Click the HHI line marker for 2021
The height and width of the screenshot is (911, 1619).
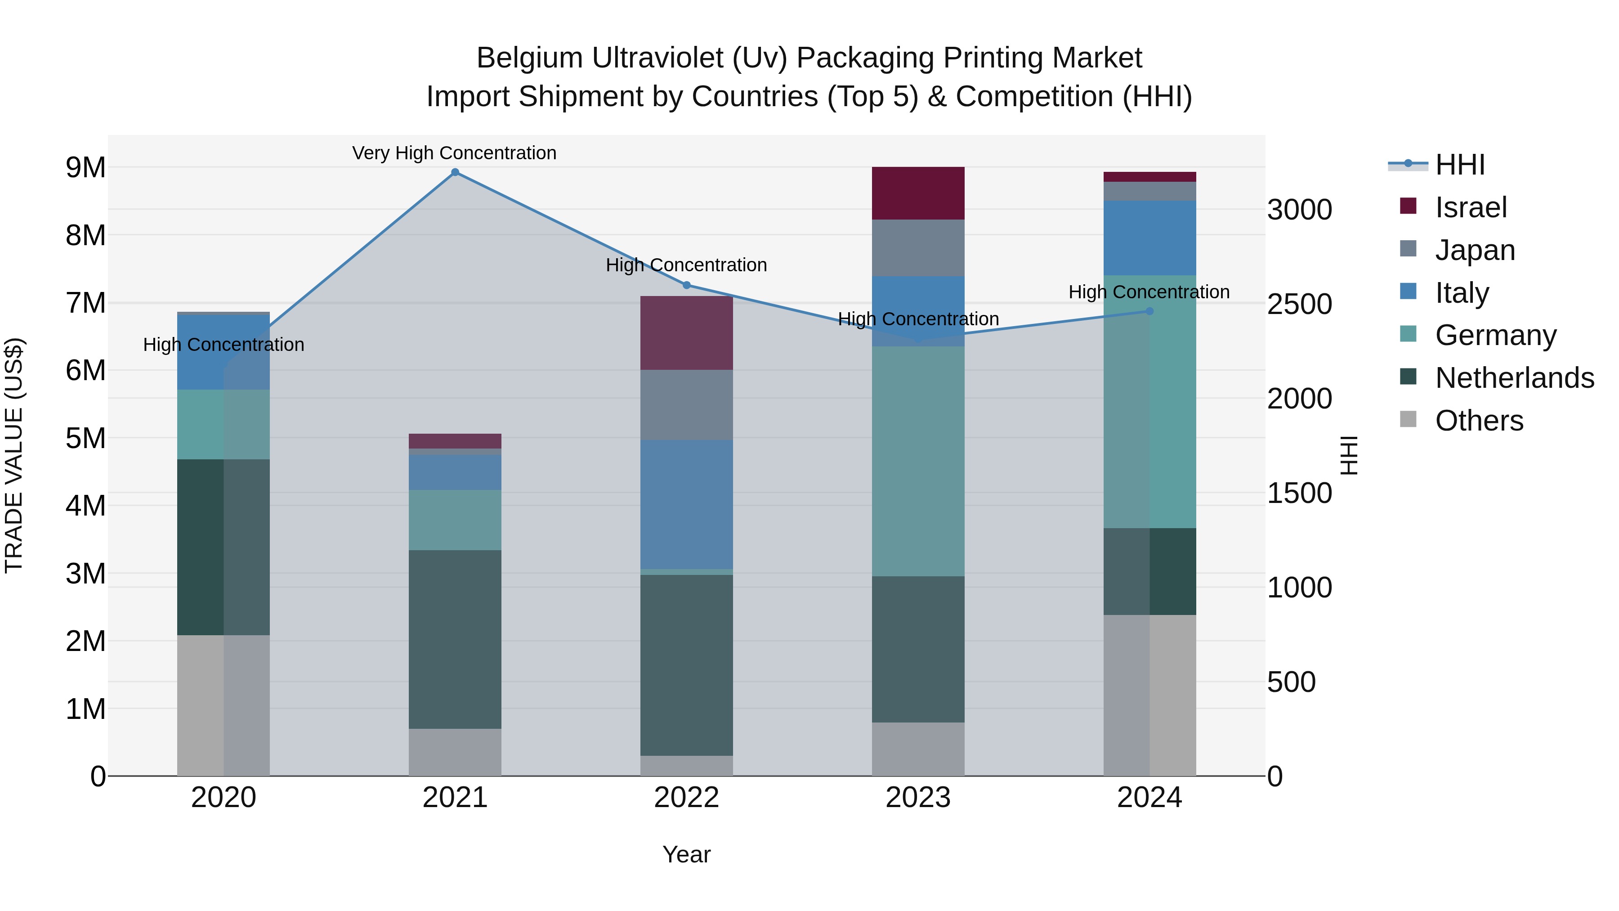pyautogui.click(x=455, y=172)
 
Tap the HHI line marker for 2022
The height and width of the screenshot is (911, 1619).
pyautogui.click(x=686, y=285)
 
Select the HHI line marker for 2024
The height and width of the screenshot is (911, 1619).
pyautogui.click(x=1149, y=311)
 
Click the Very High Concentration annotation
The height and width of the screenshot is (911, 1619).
pyautogui.click(x=454, y=153)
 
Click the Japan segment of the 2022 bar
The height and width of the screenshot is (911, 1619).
pyautogui.click(x=686, y=405)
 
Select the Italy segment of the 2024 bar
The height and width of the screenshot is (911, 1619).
pyautogui.click(x=1149, y=238)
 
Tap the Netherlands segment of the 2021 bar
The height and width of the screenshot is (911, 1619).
pyautogui.click(x=455, y=639)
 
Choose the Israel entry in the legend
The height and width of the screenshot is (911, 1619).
pyautogui.click(x=1471, y=207)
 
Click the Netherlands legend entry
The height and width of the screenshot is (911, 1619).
pyautogui.click(x=1514, y=378)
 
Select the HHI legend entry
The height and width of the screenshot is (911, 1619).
pyautogui.click(x=1459, y=165)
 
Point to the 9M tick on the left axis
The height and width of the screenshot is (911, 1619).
pyautogui.click(x=85, y=168)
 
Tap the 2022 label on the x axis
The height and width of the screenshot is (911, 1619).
pyautogui.click(x=686, y=798)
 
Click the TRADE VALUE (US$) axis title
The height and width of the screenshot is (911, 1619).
pyautogui.click(x=14, y=455)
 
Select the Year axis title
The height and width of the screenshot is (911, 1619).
pyautogui.click(x=686, y=854)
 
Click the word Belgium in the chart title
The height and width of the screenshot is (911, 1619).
pyautogui.click(x=529, y=58)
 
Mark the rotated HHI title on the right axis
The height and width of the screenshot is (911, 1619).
pyautogui.click(x=1349, y=455)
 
